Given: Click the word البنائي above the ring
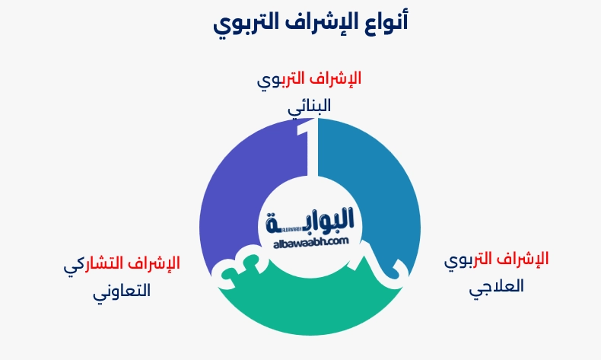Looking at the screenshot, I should [x=309, y=107].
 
